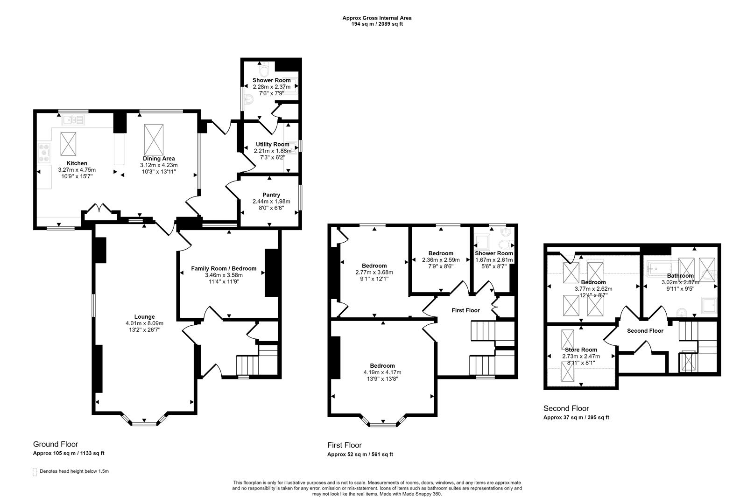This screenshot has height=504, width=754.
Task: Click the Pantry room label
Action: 271,195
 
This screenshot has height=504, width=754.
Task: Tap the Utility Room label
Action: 272,144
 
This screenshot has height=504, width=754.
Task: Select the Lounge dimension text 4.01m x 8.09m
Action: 144,323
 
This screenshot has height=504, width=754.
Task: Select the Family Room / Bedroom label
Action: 224,268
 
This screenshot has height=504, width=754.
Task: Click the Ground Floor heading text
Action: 56,444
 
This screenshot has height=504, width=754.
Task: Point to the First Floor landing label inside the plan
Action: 465,310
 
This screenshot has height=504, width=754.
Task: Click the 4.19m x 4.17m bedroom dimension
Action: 382,372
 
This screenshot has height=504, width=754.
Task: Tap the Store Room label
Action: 581,350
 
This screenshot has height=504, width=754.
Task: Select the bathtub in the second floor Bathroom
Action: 660,269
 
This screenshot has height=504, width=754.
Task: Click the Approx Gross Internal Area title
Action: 377,18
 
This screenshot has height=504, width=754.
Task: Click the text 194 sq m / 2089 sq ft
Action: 377,24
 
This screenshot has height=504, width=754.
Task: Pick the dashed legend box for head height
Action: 35,472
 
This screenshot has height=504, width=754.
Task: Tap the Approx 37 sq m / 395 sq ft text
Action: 576,418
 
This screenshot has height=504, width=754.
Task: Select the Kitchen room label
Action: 77,163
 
